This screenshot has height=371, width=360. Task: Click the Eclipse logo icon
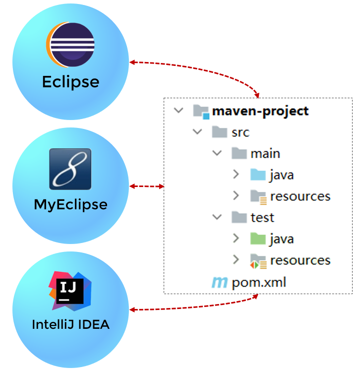point(70,46)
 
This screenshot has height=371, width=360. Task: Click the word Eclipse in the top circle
point(70,82)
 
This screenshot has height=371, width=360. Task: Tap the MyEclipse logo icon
point(70,169)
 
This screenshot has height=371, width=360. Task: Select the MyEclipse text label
point(70,204)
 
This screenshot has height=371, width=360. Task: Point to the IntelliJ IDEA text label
point(70,325)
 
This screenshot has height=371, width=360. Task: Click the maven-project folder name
point(260,111)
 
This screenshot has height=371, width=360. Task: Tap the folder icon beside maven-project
point(200,111)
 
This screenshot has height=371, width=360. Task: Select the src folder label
point(240,132)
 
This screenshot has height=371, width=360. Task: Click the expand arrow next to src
point(198,132)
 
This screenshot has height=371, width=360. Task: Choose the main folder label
point(265,153)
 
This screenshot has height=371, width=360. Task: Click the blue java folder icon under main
point(258,175)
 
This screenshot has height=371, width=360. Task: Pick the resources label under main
point(300,196)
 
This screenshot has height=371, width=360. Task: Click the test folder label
point(262,217)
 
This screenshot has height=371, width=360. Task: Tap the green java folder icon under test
point(258,239)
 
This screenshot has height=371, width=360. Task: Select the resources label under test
point(300,260)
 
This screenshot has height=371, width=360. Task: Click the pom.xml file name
point(259,283)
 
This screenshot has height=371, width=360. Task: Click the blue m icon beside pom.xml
point(219,283)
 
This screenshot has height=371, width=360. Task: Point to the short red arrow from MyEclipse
point(147,186)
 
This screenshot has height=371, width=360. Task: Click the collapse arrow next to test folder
point(217,217)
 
